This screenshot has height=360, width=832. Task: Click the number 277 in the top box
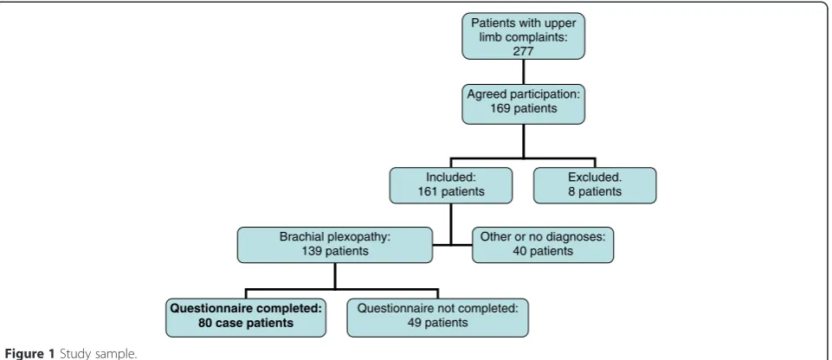[523, 51]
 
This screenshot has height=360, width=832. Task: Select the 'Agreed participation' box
[523, 104]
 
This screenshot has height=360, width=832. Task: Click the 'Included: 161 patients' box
[451, 185]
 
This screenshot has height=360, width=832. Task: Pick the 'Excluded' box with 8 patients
[595, 185]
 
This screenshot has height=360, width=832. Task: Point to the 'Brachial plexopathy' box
[335, 245]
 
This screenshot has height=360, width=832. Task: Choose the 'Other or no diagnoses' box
[543, 245]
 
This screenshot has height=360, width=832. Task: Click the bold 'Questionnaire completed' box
[246, 318]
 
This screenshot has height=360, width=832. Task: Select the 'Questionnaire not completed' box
[438, 318]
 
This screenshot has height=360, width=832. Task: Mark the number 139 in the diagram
[313, 251]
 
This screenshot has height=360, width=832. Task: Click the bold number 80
[206, 323]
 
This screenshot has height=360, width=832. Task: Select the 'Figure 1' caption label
[29, 354]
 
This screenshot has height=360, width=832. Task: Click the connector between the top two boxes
[523, 72]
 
